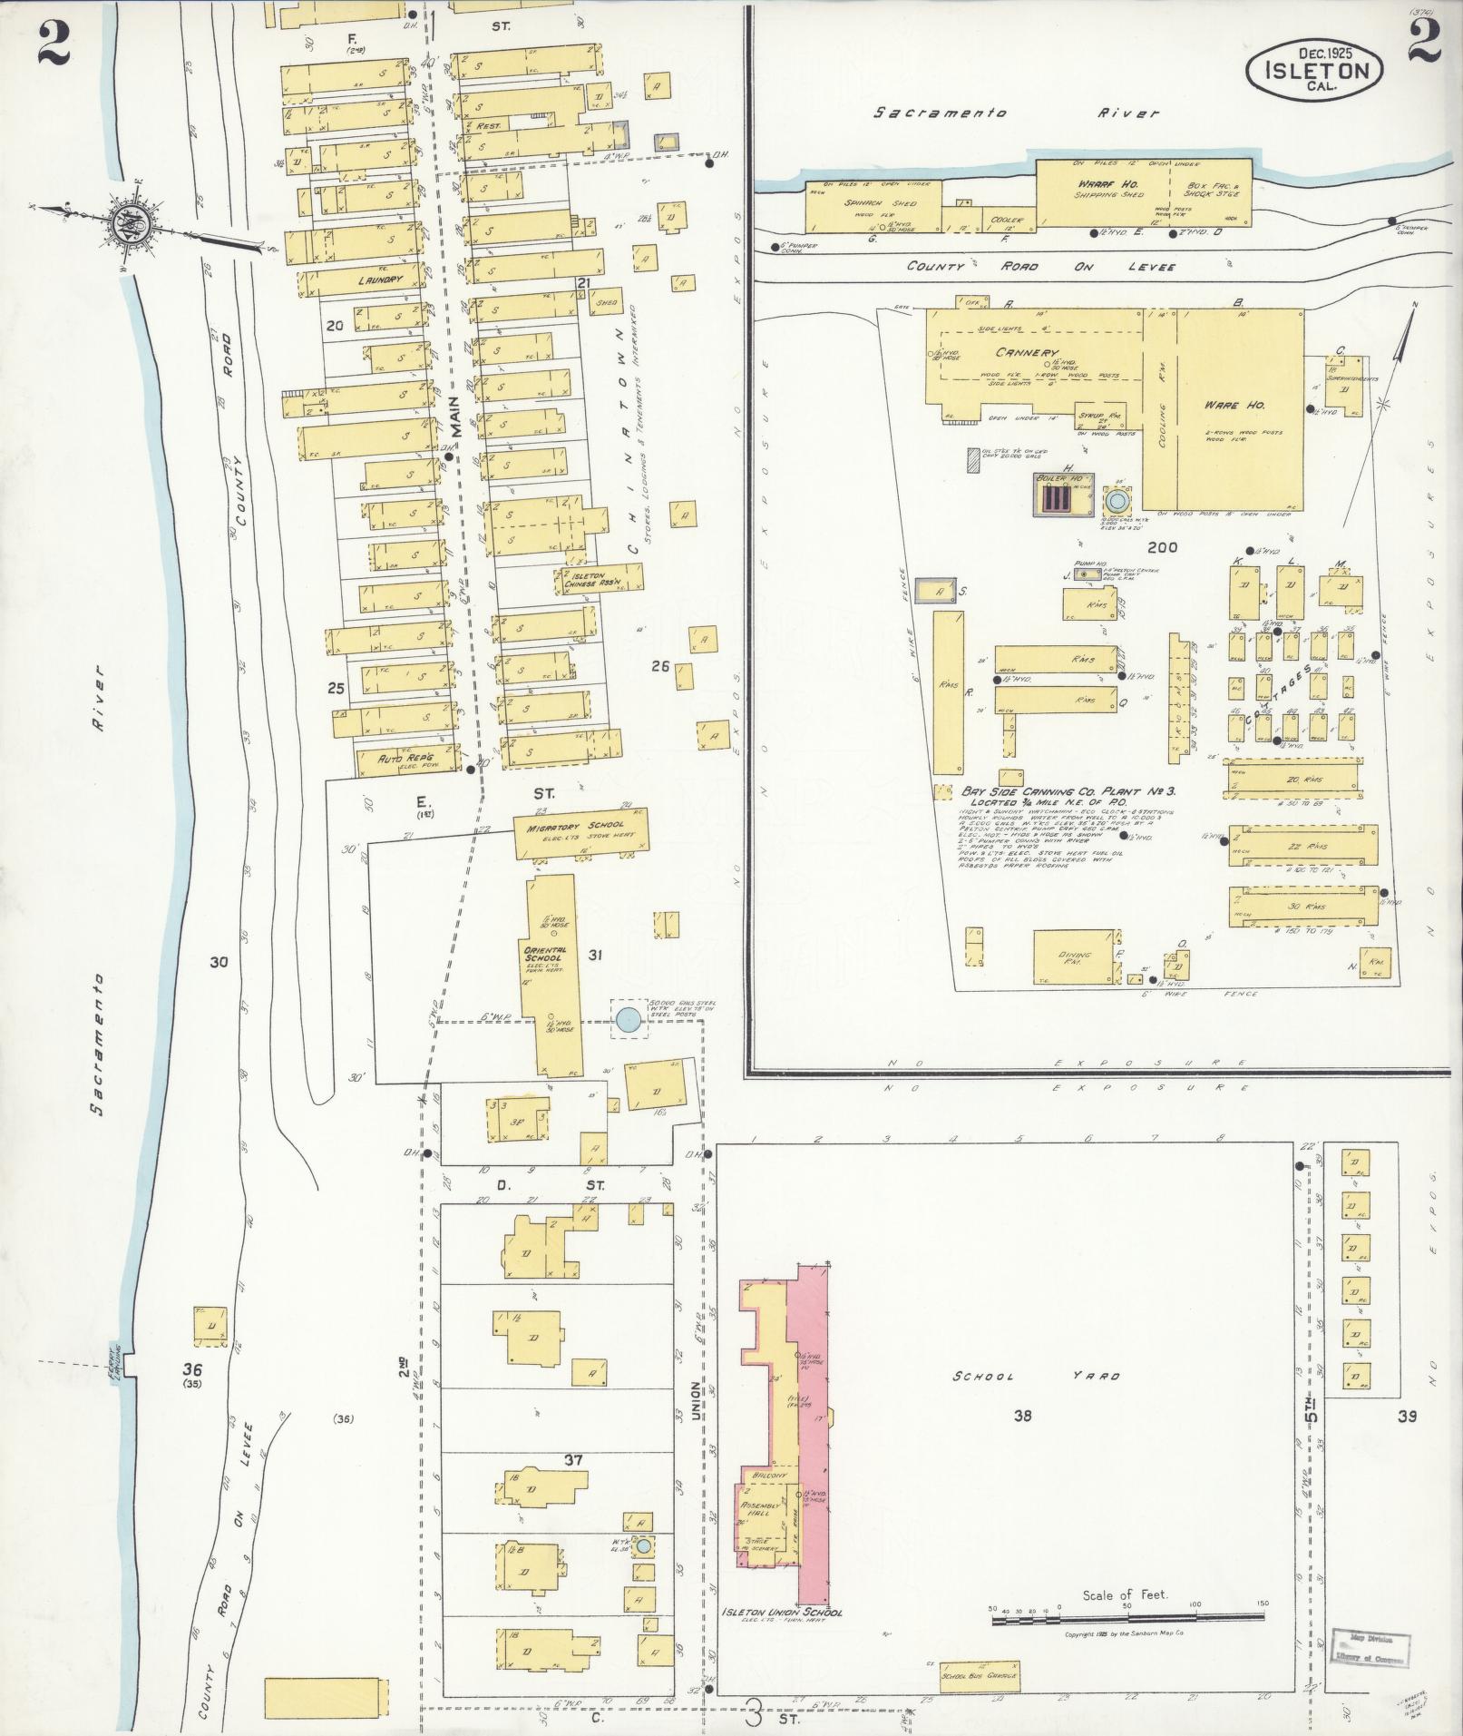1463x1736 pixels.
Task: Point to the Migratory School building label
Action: coord(573,828)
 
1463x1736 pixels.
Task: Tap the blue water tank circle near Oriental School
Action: coord(627,1020)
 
